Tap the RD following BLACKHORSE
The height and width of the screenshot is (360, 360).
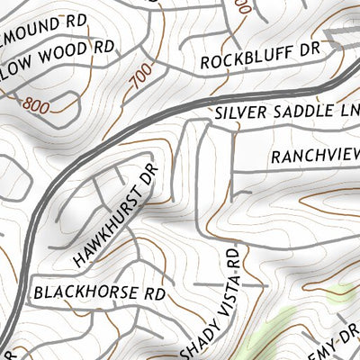[155, 292]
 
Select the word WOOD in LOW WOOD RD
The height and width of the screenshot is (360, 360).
[61, 47]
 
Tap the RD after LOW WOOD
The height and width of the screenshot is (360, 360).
[103, 44]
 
